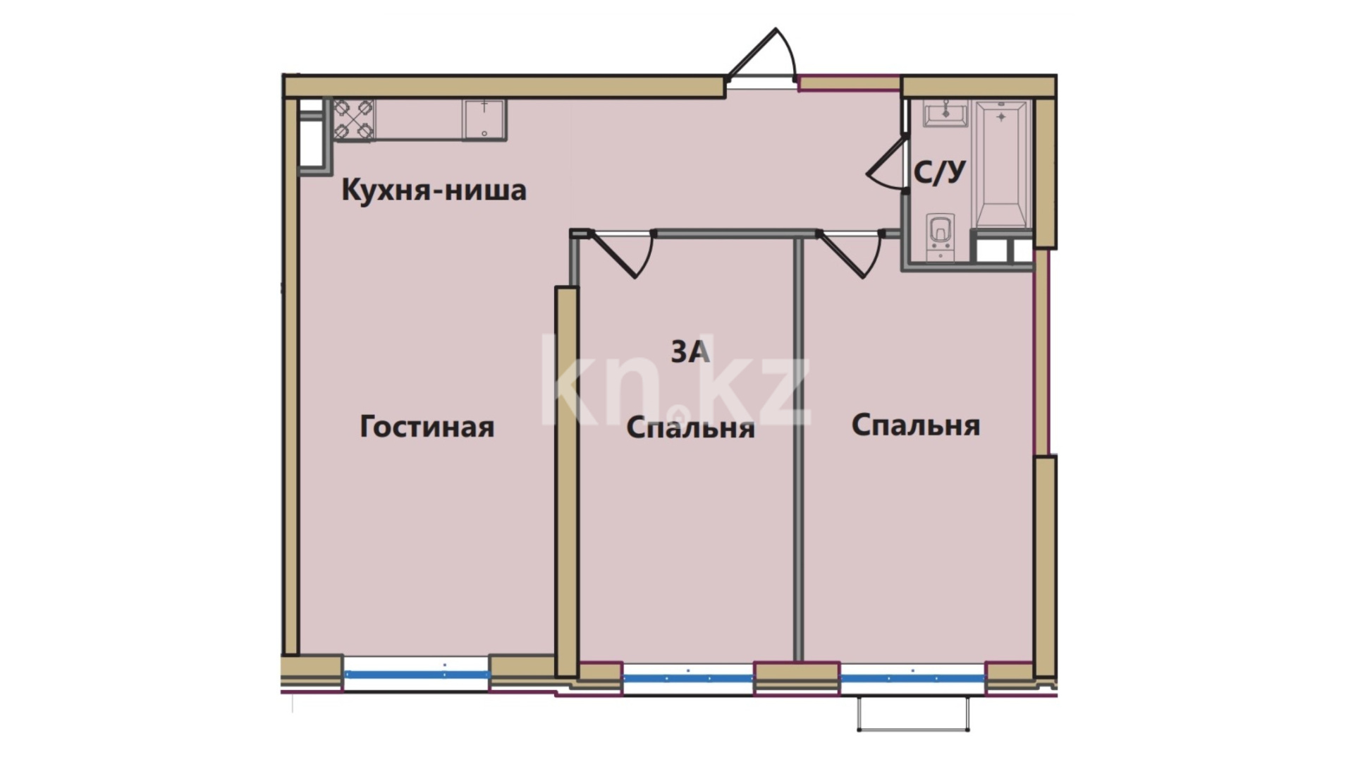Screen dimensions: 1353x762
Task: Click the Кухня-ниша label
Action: tap(434, 190)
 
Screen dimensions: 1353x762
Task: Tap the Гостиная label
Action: tap(427, 427)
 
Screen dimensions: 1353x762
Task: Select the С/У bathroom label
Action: tap(940, 171)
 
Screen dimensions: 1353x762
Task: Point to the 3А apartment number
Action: tap(690, 351)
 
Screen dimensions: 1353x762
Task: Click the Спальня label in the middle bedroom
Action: tap(690, 428)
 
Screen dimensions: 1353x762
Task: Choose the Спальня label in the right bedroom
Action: tap(916, 425)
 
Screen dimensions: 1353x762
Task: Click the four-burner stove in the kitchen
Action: tap(354, 119)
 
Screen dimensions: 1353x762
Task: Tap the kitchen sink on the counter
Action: tap(484, 119)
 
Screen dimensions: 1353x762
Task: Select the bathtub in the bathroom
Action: tap(1001, 164)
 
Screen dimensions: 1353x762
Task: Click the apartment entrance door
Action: tap(761, 56)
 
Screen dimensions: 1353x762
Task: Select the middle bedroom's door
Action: tap(620, 253)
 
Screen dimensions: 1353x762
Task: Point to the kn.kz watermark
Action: tap(675, 381)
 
